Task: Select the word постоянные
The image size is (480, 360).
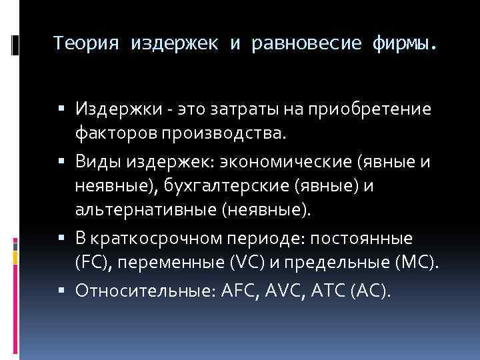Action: click(371, 239)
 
